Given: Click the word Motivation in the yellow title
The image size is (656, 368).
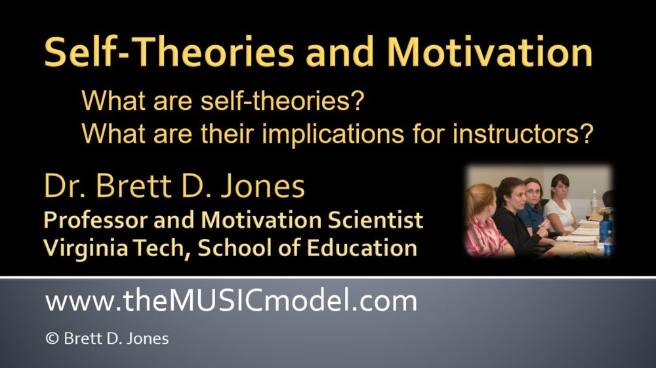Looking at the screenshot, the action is pos(489,52).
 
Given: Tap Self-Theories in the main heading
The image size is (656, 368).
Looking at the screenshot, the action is pos(169,52).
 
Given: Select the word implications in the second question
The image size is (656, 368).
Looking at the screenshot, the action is pos(333,134).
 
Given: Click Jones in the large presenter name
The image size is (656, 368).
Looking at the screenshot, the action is pos(263,187).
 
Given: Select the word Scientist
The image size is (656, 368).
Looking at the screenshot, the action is pos(375,220).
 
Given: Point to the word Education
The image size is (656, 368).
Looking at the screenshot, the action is pos(361,248).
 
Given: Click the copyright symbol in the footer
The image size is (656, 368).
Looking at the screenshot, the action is pos(52,338).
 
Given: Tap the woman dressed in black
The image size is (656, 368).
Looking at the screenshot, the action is pos(514,217).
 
